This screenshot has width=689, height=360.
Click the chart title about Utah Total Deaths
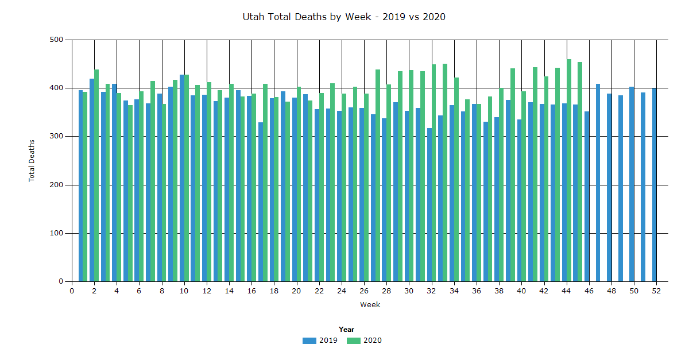344,17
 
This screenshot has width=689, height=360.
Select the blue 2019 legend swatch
309,340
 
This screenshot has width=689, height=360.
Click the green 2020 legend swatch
353,340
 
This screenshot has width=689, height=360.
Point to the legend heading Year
346,330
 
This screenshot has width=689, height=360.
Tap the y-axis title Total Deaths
32,160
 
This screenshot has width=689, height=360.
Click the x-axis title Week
370,305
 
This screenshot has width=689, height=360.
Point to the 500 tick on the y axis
56,40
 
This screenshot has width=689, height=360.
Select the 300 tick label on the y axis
56,137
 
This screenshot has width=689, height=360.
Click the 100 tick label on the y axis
56,233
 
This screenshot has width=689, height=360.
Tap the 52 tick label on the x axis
656,291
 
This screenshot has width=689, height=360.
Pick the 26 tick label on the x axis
364,291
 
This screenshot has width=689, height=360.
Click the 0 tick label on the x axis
72,291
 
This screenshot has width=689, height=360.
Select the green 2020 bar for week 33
445,173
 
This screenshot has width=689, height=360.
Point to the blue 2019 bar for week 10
182,178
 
